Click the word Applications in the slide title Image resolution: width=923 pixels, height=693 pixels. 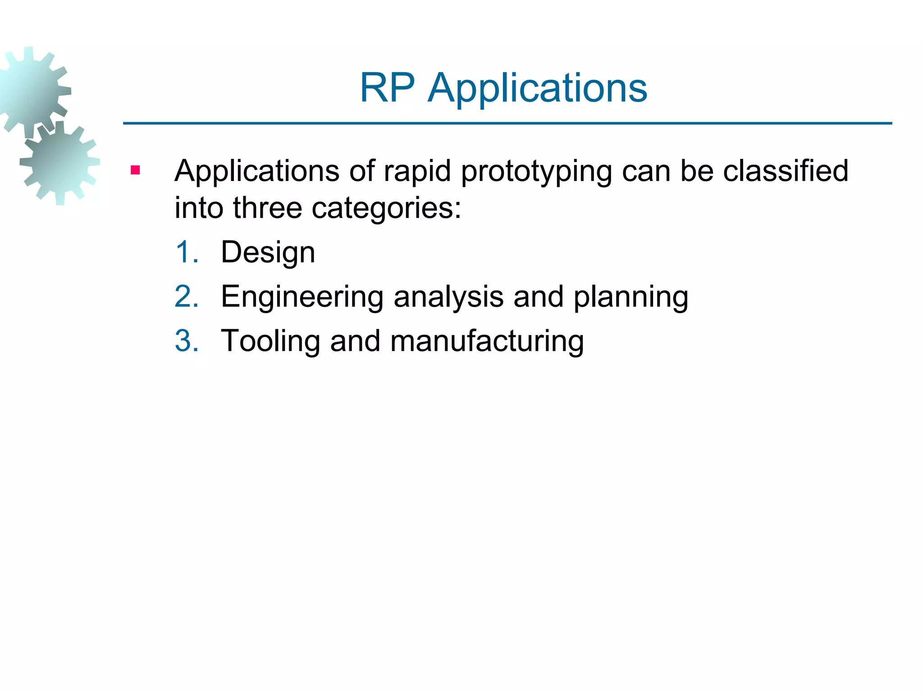point(537,88)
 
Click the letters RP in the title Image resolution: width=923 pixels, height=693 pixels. point(387,88)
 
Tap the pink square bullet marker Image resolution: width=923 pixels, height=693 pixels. point(135,171)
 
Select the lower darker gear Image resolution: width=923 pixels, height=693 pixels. point(60,162)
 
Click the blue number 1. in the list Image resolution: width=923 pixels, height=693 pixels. point(187,252)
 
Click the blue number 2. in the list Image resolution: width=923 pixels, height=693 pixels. point(187,296)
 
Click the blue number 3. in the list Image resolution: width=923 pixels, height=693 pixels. point(187,341)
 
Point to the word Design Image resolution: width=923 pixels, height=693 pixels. point(268,253)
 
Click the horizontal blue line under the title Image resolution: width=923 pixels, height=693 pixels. point(507,123)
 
